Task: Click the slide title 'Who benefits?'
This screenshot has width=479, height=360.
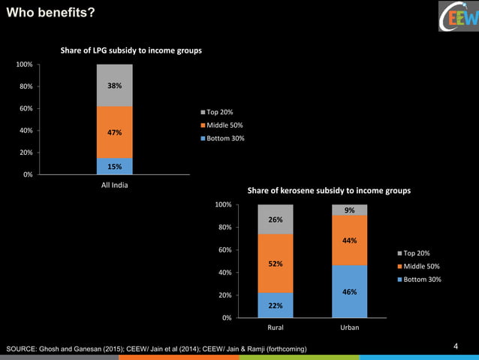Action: point(50,13)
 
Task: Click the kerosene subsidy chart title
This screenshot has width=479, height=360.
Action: point(335,191)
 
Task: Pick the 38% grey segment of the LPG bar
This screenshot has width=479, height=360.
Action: point(115,85)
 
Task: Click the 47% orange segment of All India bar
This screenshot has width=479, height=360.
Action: point(115,132)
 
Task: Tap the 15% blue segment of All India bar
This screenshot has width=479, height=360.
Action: point(115,166)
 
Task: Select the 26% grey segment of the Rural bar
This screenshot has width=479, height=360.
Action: point(276,219)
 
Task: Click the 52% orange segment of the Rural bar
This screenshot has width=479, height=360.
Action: point(276,263)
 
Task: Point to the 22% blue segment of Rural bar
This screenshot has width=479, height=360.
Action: point(276,305)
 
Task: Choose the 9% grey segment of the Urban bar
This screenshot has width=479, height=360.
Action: point(350,210)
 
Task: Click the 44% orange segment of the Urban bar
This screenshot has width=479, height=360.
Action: point(350,241)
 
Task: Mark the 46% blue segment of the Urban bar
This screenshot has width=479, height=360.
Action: point(350,292)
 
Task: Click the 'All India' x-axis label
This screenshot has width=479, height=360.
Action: point(115,186)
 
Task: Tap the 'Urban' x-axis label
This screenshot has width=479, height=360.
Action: point(350,328)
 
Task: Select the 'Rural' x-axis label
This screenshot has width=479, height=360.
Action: point(276,328)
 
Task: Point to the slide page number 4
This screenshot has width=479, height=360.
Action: point(456,346)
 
